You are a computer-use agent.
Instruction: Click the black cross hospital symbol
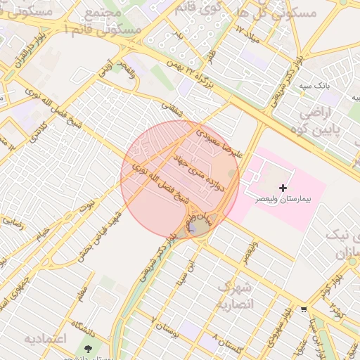[283, 188]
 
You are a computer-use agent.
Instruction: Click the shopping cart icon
[304, 309]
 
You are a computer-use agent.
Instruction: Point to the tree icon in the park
[88, 348]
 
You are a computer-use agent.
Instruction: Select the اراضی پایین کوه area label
[321, 121]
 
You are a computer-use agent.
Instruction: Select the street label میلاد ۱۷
[248, 34]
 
